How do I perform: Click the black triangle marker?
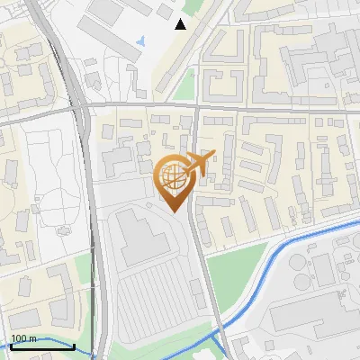pos(181,24)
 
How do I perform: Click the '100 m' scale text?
pos(23,338)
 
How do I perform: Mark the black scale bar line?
pos(31,346)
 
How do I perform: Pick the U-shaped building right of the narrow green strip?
pos(220,72)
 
